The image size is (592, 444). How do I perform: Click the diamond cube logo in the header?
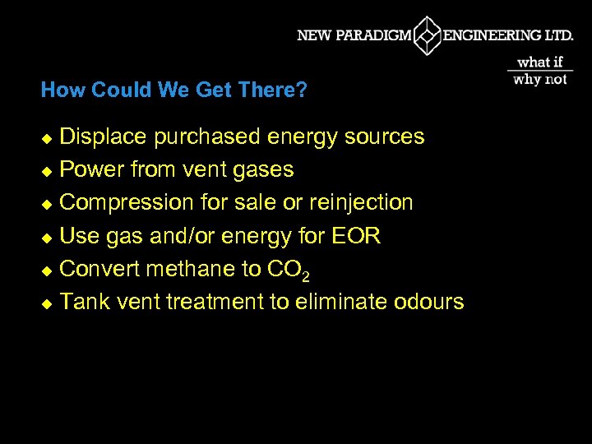tap(427, 35)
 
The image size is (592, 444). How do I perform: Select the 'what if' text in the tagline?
tap(540, 62)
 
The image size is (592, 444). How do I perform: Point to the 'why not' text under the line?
tap(540, 80)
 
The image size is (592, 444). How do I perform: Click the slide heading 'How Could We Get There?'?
tap(174, 90)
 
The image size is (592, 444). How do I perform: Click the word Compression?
tap(124, 202)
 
